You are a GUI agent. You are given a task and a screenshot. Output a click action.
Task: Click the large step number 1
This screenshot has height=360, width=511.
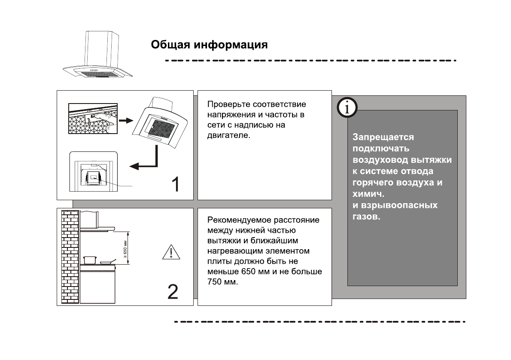point(175,184)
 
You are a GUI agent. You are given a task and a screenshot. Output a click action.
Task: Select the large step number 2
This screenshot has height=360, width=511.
point(172,292)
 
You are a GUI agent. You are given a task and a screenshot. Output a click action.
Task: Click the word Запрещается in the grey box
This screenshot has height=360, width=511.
point(377,137)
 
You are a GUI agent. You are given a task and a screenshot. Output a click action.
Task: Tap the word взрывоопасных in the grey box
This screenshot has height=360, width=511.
point(395,205)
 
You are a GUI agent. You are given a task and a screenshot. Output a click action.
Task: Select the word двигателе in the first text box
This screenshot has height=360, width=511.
point(227,135)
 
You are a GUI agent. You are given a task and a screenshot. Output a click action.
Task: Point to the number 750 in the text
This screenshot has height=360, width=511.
point(214,283)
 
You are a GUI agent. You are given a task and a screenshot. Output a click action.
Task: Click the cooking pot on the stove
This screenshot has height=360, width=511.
point(90,259)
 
